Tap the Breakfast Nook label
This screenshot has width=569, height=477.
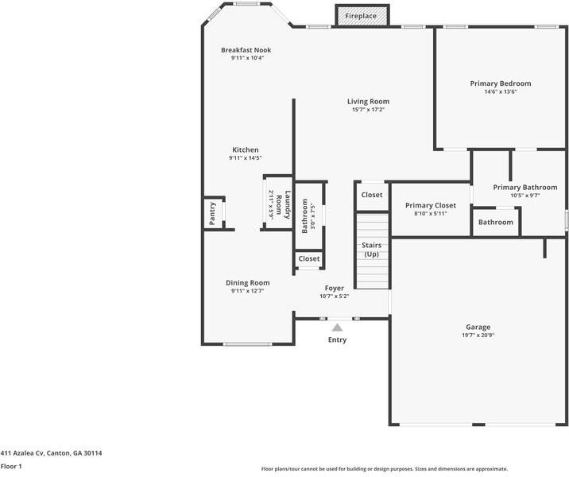246,50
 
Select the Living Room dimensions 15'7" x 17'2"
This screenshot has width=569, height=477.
368,110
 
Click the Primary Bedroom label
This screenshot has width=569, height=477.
500,83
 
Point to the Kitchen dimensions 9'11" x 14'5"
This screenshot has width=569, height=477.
245,158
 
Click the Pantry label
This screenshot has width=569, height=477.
212,214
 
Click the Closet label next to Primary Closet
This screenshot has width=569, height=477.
371,195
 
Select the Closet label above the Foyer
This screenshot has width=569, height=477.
309,258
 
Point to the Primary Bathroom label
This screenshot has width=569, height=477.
524,188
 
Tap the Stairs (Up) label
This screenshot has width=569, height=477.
371,250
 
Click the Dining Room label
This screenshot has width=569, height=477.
247,283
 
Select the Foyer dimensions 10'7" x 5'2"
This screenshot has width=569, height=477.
334,297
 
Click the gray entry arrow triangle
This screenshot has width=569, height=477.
337,327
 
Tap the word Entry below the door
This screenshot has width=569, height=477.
337,339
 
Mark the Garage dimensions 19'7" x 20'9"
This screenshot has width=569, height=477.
478,335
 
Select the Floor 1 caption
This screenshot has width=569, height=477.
10,467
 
